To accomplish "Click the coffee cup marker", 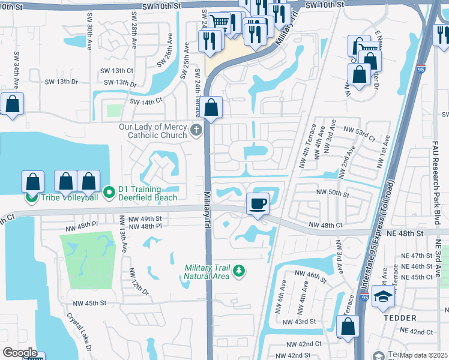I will (258, 204).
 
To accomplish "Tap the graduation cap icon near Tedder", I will (383, 297).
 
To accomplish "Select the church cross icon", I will (196, 130).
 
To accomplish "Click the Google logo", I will (19, 352).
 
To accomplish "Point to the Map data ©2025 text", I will (424, 355).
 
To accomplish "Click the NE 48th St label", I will (423, 232).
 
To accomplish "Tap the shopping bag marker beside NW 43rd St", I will (348, 327).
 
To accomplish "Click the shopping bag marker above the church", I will (211, 109).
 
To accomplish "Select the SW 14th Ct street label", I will (146, 102).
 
